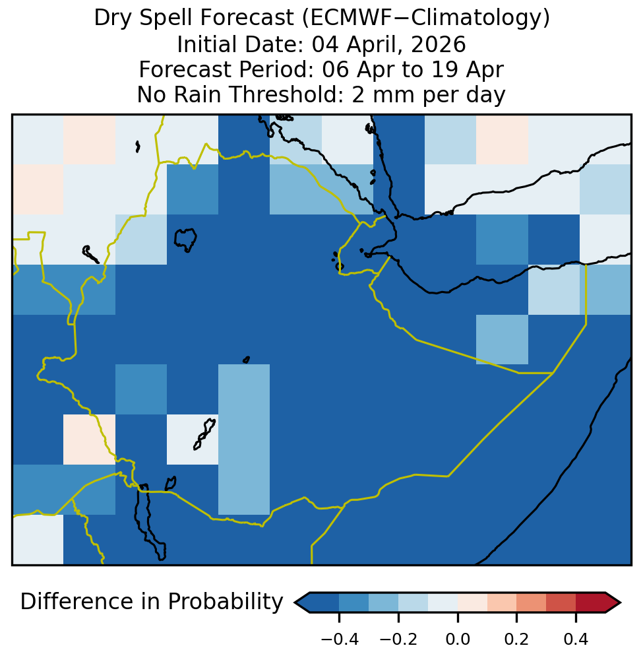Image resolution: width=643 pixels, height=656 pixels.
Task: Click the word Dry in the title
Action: point(113,18)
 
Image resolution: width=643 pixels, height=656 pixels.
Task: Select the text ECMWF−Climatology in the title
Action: point(425,18)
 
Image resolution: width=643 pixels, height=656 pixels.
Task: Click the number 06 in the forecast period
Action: point(336,69)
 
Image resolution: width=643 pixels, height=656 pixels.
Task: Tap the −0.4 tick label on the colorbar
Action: point(340,640)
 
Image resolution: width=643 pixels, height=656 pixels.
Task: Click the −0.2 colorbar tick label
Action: point(398,640)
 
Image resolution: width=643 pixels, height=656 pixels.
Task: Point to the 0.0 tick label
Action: point(458,640)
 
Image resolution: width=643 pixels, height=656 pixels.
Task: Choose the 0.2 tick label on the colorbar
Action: point(517,640)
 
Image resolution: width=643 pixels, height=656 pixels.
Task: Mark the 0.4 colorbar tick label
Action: point(576,640)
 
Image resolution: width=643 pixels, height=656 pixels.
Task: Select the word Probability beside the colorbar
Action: point(226,603)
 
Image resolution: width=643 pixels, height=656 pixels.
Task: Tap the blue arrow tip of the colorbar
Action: point(302,603)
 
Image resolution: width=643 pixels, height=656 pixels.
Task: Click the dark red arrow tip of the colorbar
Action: point(613,603)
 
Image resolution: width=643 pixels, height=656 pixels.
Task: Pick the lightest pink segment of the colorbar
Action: point(472,603)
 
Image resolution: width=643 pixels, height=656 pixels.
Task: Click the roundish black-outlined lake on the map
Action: point(185,240)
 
